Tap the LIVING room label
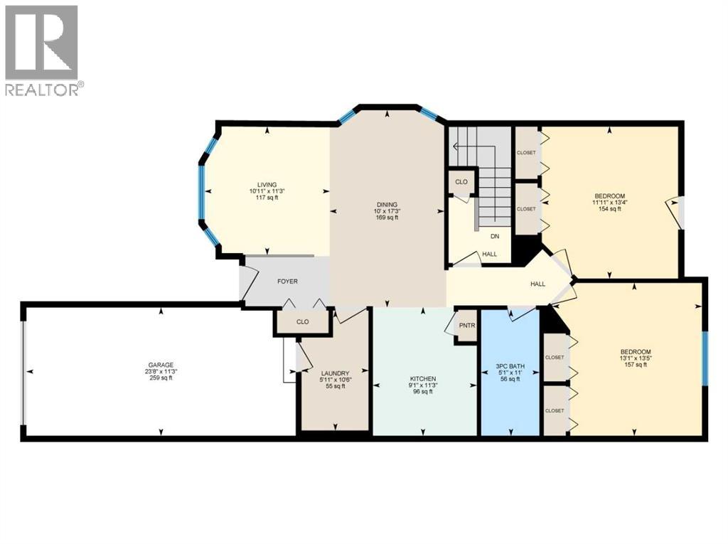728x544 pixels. click(267, 185)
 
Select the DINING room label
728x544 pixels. click(387, 205)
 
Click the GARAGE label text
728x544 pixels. click(161, 365)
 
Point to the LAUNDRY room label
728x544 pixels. click(334, 373)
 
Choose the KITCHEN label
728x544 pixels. click(423, 378)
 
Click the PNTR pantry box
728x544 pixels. click(467, 326)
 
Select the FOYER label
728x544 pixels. click(287, 282)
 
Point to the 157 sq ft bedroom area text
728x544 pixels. click(635, 365)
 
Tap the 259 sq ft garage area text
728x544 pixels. click(161, 378)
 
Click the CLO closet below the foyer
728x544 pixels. click(303, 322)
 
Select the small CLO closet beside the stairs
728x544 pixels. click(461, 182)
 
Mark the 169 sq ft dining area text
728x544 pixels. click(387, 218)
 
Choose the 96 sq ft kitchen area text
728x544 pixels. click(423, 391)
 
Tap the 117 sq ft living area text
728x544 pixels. click(267, 198)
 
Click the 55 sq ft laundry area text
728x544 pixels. click(334, 386)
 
